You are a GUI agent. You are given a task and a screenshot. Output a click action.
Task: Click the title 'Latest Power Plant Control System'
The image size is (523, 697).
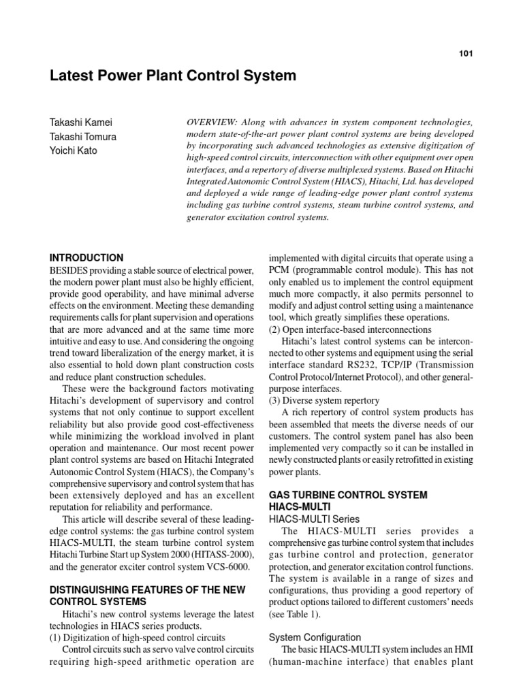[173, 76]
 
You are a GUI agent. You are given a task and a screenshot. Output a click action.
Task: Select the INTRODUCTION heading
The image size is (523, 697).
[86, 258]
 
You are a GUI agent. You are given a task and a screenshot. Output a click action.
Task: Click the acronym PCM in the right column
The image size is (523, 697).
[283, 271]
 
